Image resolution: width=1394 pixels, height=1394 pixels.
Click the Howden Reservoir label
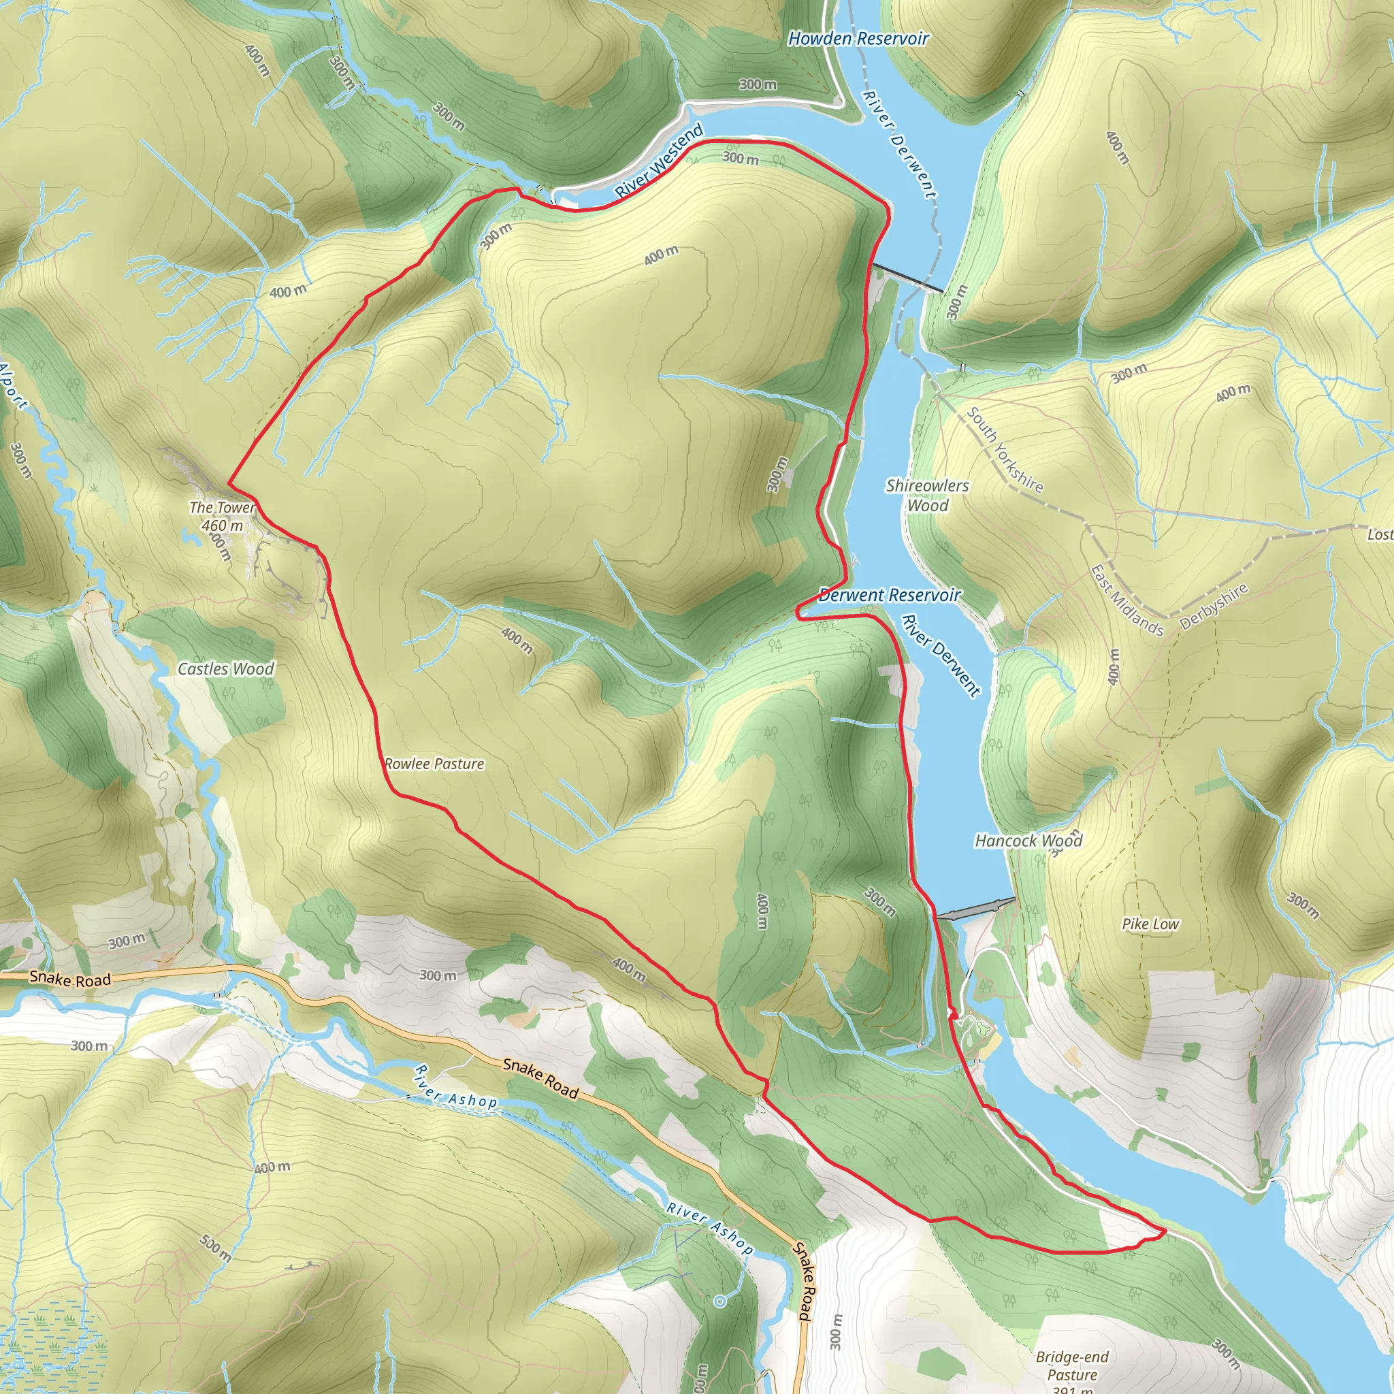[858, 38]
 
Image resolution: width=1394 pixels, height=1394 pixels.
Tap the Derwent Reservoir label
[890, 596]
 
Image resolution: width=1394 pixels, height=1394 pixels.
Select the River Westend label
[659, 161]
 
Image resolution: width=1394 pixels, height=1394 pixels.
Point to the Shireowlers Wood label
[927, 495]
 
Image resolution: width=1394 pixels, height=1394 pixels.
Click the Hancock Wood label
[1028, 841]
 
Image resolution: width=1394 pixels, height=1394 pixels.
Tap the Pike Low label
[1150, 924]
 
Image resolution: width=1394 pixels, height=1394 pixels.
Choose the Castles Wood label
[226, 669]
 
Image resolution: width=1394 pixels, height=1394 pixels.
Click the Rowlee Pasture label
[434, 764]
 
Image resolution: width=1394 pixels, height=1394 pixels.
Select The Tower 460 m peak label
[222, 517]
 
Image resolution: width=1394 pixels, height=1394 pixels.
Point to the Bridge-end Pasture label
[1072, 1366]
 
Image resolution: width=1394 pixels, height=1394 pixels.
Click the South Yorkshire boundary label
[1005, 449]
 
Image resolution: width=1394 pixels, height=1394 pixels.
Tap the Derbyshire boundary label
[1214, 606]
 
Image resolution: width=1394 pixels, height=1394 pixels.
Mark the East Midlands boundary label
[1126, 601]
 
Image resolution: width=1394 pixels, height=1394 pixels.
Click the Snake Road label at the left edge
[70, 979]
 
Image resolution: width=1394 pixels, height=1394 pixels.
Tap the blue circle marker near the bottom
[719, 1301]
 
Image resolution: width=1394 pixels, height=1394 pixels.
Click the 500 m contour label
[216, 1248]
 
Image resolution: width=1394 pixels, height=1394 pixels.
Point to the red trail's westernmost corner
[229, 483]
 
